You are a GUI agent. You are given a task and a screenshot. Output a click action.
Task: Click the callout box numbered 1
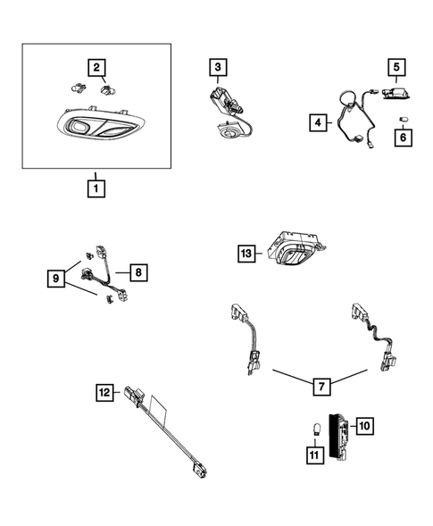[x=96, y=188]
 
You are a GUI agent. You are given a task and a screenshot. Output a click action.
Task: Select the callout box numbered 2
[x=96, y=68]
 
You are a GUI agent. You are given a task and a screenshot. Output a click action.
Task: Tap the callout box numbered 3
[x=218, y=67]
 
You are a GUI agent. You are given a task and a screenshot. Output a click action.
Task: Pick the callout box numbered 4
[x=318, y=122]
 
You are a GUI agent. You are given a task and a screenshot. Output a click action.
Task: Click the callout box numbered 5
[x=396, y=67]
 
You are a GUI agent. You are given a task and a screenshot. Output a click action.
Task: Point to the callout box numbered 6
[x=404, y=138]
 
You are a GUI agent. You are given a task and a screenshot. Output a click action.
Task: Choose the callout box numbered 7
[x=321, y=387]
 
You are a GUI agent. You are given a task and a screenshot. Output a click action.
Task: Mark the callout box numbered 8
[x=138, y=272]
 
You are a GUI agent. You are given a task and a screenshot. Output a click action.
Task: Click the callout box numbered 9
[x=56, y=279]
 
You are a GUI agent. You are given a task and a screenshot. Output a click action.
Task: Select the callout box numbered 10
[x=364, y=426]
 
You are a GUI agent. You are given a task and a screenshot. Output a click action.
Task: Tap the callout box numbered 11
[x=315, y=455]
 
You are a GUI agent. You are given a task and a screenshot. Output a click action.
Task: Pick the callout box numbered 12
[x=104, y=392]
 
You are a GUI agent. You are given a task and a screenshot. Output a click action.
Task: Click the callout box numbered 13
[x=246, y=254]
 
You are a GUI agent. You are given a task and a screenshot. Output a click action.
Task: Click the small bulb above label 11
[x=315, y=430]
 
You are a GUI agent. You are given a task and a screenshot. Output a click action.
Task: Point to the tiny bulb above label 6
[x=402, y=120]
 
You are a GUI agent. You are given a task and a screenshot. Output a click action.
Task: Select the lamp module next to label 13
[x=296, y=248]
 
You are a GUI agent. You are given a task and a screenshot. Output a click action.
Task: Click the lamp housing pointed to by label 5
[x=396, y=93]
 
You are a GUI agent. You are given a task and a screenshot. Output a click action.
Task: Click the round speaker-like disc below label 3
[x=229, y=131]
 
